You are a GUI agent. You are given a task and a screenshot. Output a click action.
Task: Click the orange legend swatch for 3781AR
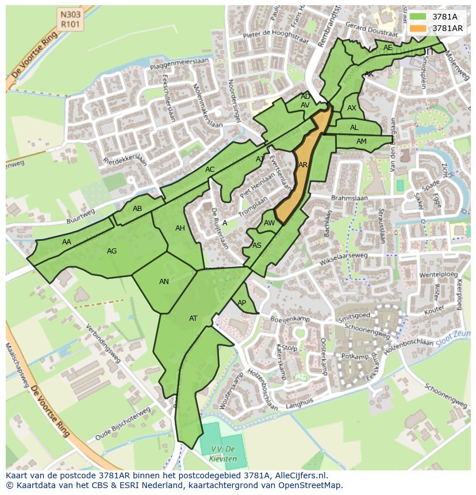click(x=418, y=28)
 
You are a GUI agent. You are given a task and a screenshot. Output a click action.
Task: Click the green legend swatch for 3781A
click(x=418, y=17)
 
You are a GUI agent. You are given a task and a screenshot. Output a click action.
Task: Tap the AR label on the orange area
click(x=303, y=165)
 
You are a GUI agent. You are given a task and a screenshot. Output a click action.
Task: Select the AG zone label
click(x=112, y=251)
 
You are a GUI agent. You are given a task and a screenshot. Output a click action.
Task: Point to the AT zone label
click(x=193, y=319)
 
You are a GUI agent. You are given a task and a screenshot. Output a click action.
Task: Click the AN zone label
click(x=164, y=282)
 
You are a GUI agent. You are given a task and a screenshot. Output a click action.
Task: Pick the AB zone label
click(x=137, y=209)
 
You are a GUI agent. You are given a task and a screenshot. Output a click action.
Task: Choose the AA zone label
click(x=67, y=242)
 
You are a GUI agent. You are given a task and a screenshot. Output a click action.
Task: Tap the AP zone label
click(x=241, y=303)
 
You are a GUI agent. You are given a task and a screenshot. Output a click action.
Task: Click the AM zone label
click(x=361, y=141)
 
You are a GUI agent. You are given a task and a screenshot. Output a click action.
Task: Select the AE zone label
click(x=387, y=48)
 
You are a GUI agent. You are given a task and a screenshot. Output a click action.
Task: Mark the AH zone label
click(x=180, y=228)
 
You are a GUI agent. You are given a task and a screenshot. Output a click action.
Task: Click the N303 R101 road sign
click(x=70, y=18)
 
